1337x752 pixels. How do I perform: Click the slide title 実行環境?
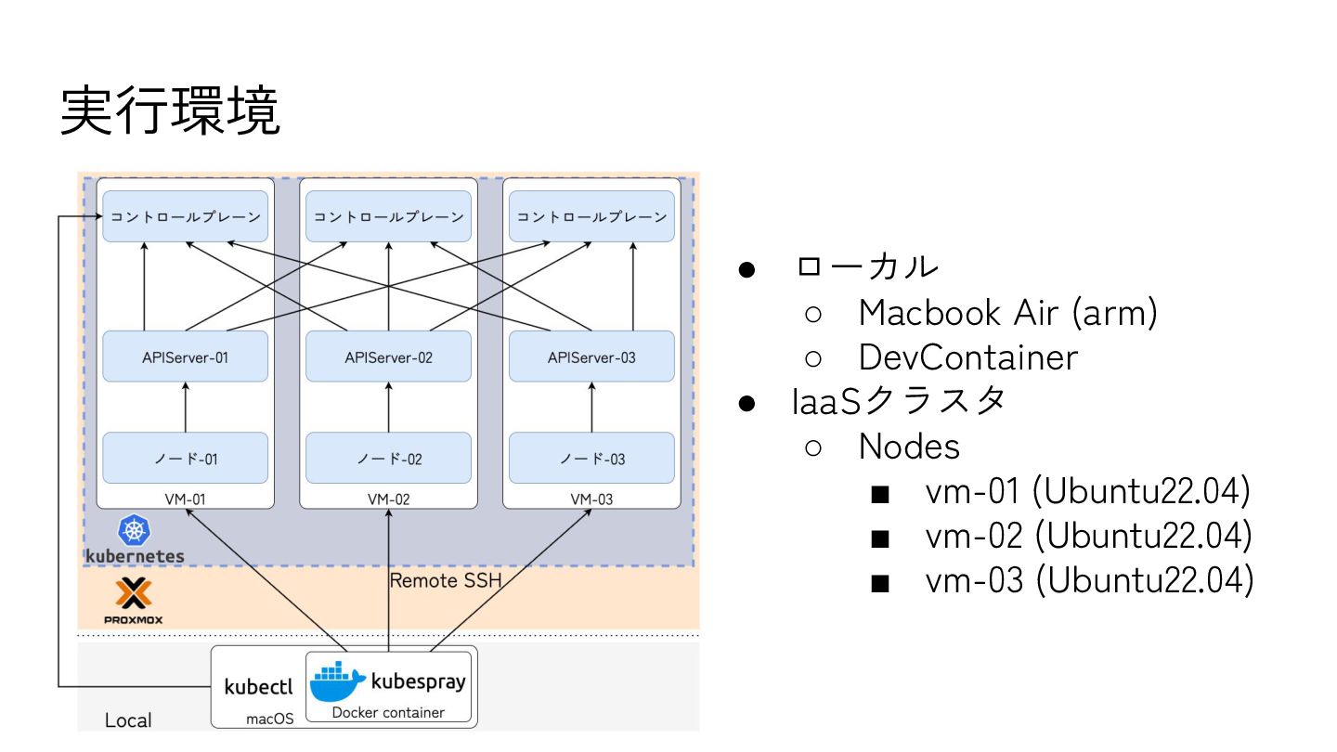[170, 112]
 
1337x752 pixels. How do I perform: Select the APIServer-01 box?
[185, 357]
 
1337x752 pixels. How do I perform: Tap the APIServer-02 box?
[388, 357]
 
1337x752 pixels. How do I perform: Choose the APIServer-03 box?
[591, 357]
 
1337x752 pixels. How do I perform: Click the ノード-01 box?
[185, 458]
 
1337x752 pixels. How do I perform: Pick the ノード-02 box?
[388, 458]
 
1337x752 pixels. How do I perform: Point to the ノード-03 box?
[591, 458]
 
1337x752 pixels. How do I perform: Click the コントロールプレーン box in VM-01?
[185, 216]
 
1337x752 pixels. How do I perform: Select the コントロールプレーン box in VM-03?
[591, 216]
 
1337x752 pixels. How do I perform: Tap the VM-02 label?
[388, 499]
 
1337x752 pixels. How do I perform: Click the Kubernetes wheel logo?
[135, 531]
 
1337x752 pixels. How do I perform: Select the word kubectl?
[258, 687]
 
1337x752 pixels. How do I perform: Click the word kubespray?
[418, 681]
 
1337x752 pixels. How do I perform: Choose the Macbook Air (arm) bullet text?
[1007, 313]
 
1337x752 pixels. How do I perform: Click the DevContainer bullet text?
[967, 357]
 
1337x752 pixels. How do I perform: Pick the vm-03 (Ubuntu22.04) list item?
[1088, 580]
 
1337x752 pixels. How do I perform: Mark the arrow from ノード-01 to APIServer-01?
[185, 407]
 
